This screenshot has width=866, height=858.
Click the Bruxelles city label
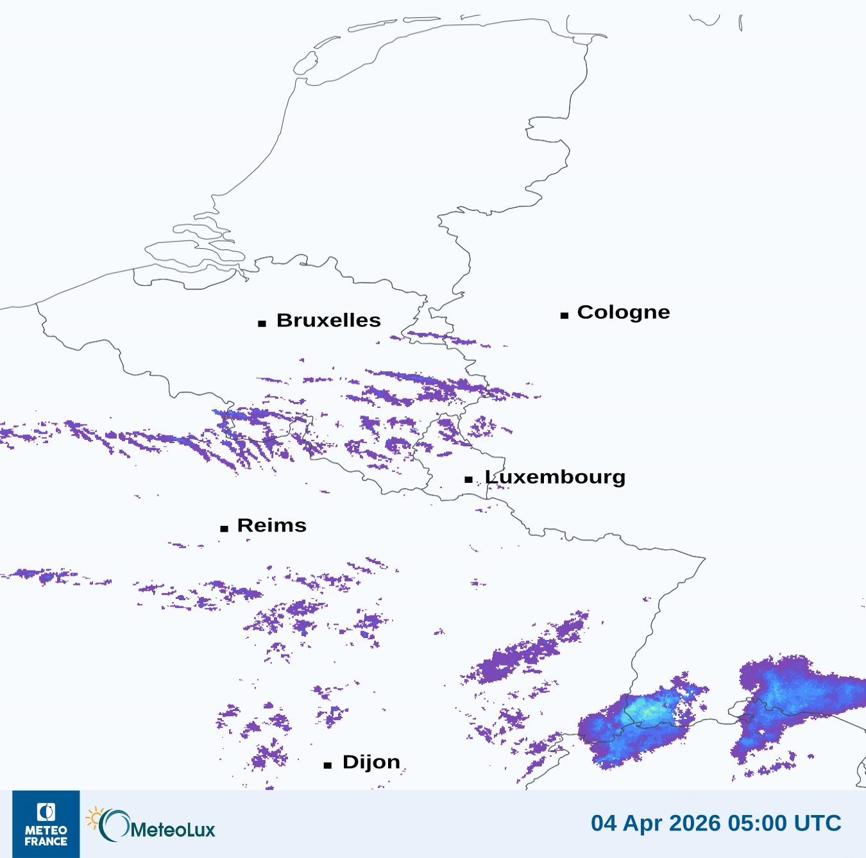pyautogui.click(x=328, y=320)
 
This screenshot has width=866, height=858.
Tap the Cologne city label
pyautogui.click(x=623, y=312)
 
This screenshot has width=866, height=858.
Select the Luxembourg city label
pyautogui.click(x=555, y=477)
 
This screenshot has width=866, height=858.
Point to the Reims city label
pyautogui.click(x=272, y=525)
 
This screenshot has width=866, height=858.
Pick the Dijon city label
pyautogui.click(x=371, y=762)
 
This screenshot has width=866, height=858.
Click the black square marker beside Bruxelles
pyautogui.click(x=262, y=323)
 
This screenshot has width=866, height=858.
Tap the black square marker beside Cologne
pyautogui.click(x=565, y=315)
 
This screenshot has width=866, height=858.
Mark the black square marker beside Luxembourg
pyautogui.click(x=469, y=480)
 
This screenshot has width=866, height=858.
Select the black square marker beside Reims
pyautogui.click(x=224, y=528)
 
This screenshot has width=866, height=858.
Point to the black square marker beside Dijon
pyautogui.click(x=328, y=765)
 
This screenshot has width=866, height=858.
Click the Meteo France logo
pyautogui.click(x=46, y=824)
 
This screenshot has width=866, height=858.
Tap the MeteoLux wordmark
pyautogui.click(x=173, y=830)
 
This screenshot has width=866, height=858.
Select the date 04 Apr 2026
pyautogui.click(x=656, y=823)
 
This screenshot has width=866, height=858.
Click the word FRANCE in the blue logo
pyautogui.click(x=46, y=841)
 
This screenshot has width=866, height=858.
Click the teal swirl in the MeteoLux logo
pyautogui.click(x=114, y=825)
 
